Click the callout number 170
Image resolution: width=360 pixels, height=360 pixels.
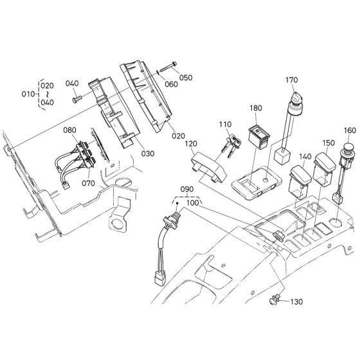click(292, 81)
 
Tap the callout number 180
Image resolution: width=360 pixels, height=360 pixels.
click(256, 110)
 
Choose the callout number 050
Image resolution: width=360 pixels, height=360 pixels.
click(186, 78)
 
